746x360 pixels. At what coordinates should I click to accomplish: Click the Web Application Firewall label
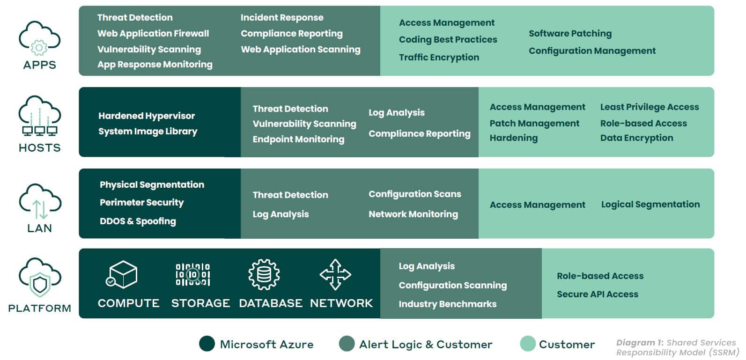[x=153, y=34]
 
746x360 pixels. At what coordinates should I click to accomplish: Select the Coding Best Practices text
[x=448, y=40]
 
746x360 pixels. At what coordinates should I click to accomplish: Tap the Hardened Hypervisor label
[x=147, y=116]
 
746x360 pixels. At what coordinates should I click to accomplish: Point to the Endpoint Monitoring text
[x=298, y=139]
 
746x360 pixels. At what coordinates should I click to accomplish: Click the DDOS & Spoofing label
[x=138, y=221]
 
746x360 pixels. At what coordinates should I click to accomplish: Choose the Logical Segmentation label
[x=650, y=205]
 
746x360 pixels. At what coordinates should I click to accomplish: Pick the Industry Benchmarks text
[x=448, y=304]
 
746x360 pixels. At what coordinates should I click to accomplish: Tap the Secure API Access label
[x=598, y=294]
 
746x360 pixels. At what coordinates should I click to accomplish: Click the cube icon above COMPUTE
[x=122, y=274]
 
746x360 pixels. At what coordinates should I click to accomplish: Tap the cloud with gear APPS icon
[x=40, y=38]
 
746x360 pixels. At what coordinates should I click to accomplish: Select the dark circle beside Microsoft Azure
[x=207, y=344]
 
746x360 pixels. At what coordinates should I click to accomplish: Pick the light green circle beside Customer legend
[x=528, y=344]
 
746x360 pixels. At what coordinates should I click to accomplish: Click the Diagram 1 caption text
[x=678, y=348]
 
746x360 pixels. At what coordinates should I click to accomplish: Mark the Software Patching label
[x=570, y=34]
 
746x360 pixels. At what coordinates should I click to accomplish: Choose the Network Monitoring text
[x=414, y=214]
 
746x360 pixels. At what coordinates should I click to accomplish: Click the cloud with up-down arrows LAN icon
[x=40, y=201]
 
